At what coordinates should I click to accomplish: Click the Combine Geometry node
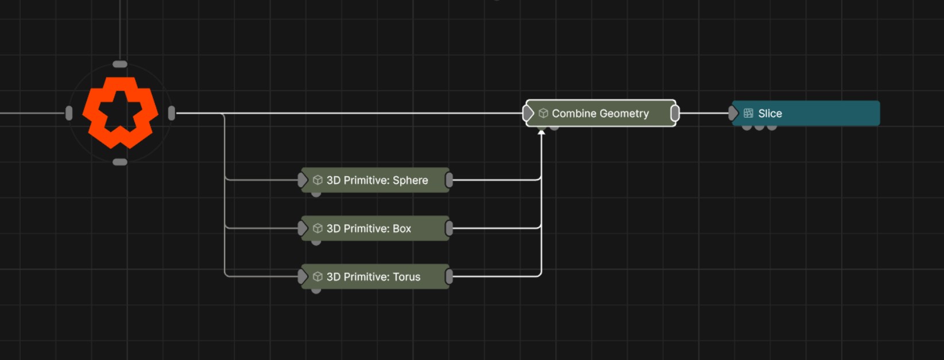(x=601, y=113)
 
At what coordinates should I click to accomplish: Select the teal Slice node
(x=806, y=113)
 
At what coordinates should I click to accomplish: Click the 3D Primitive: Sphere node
(x=376, y=180)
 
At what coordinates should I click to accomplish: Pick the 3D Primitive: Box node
(x=376, y=228)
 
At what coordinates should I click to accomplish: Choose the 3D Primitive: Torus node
(x=376, y=277)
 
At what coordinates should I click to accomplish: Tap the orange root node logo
(x=120, y=113)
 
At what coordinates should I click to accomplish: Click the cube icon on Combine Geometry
(x=543, y=113)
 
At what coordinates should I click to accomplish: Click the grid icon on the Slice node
(x=748, y=113)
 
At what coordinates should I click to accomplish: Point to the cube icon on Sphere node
(x=318, y=180)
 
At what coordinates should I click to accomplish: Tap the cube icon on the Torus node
(x=318, y=277)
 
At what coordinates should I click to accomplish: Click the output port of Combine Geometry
(x=675, y=113)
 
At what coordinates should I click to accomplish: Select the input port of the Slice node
(x=733, y=113)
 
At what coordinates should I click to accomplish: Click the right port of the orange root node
(x=172, y=113)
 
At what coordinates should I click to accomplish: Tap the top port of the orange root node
(x=120, y=64)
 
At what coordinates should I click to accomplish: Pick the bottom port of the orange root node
(x=120, y=162)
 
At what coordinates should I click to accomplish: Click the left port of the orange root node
(x=69, y=113)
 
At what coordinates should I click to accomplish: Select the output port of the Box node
(x=449, y=228)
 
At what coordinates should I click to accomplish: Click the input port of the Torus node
(x=303, y=277)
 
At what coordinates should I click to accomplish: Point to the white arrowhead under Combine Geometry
(x=541, y=133)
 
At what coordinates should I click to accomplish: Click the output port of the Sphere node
(x=449, y=180)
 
